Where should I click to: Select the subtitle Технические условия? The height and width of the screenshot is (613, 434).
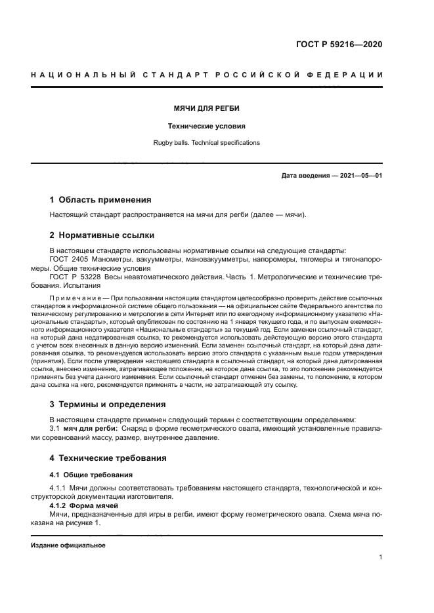coord(206,125)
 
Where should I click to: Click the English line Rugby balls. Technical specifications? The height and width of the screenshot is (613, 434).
coord(206,142)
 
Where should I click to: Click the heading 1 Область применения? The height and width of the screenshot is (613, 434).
coord(100,199)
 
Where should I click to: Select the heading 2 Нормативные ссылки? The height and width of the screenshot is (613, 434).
coord(102,235)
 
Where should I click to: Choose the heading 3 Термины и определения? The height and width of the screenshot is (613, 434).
coord(108,404)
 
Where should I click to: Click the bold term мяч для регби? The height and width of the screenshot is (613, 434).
coord(90,428)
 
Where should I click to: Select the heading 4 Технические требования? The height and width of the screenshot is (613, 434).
coord(108,458)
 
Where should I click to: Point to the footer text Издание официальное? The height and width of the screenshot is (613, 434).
coord(68,545)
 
